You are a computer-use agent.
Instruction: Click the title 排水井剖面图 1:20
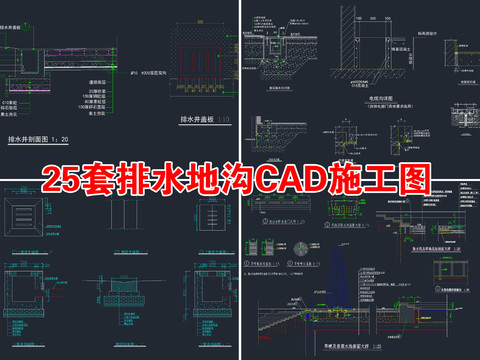point(42,138)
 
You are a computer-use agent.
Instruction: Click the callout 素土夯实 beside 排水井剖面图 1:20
point(101,115)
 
